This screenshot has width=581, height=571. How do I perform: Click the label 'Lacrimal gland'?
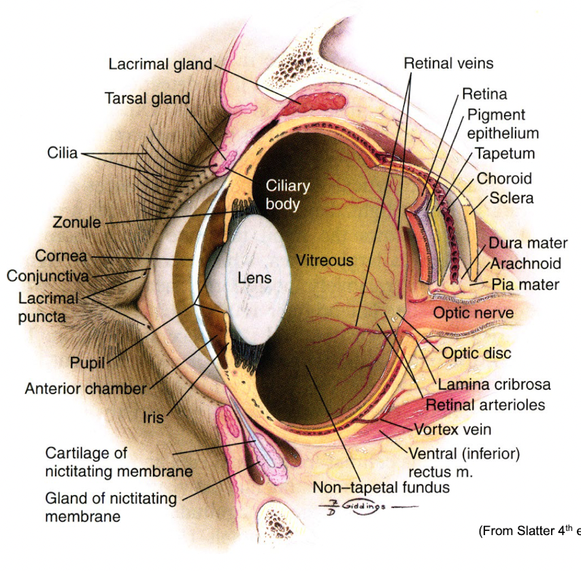point(160,65)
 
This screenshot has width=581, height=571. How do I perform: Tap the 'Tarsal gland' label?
point(147,99)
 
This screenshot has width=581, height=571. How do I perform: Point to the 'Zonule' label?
point(76,222)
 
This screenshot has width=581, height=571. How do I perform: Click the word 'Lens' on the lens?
point(254,277)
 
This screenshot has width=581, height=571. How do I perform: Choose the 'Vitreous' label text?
point(325,260)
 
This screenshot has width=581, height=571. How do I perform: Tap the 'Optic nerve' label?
point(474,313)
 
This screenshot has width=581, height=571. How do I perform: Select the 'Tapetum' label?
point(505,154)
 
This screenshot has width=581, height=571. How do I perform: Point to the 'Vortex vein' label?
point(452,430)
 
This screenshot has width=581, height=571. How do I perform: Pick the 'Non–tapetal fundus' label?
point(381,487)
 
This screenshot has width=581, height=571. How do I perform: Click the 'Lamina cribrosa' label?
point(494,385)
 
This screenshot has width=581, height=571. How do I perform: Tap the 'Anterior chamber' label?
point(86,389)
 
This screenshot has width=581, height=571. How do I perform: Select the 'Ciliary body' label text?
point(288,194)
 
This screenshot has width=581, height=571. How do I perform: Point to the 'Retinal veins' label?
point(448,64)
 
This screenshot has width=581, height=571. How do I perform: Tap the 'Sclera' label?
point(512,199)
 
